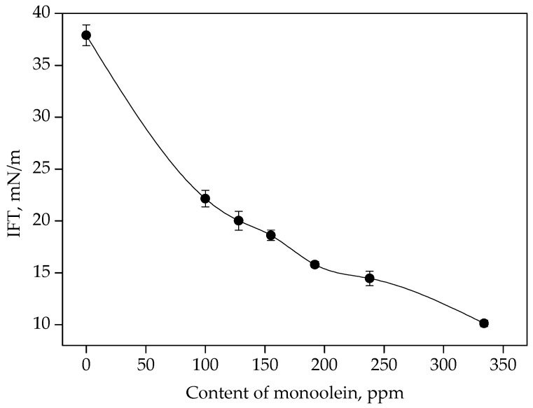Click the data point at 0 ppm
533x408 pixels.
(86, 35)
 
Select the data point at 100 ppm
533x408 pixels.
(205, 199)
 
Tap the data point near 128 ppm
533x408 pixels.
(238, 220)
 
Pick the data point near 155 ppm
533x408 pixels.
(270, 235)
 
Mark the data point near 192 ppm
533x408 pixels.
(314, 265)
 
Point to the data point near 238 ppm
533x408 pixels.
(369, 279)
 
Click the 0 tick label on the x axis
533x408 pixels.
(86, 365)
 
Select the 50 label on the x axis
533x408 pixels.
(146, 365)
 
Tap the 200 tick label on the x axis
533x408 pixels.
(324, 365)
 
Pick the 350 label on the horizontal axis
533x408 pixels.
(503, 365)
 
